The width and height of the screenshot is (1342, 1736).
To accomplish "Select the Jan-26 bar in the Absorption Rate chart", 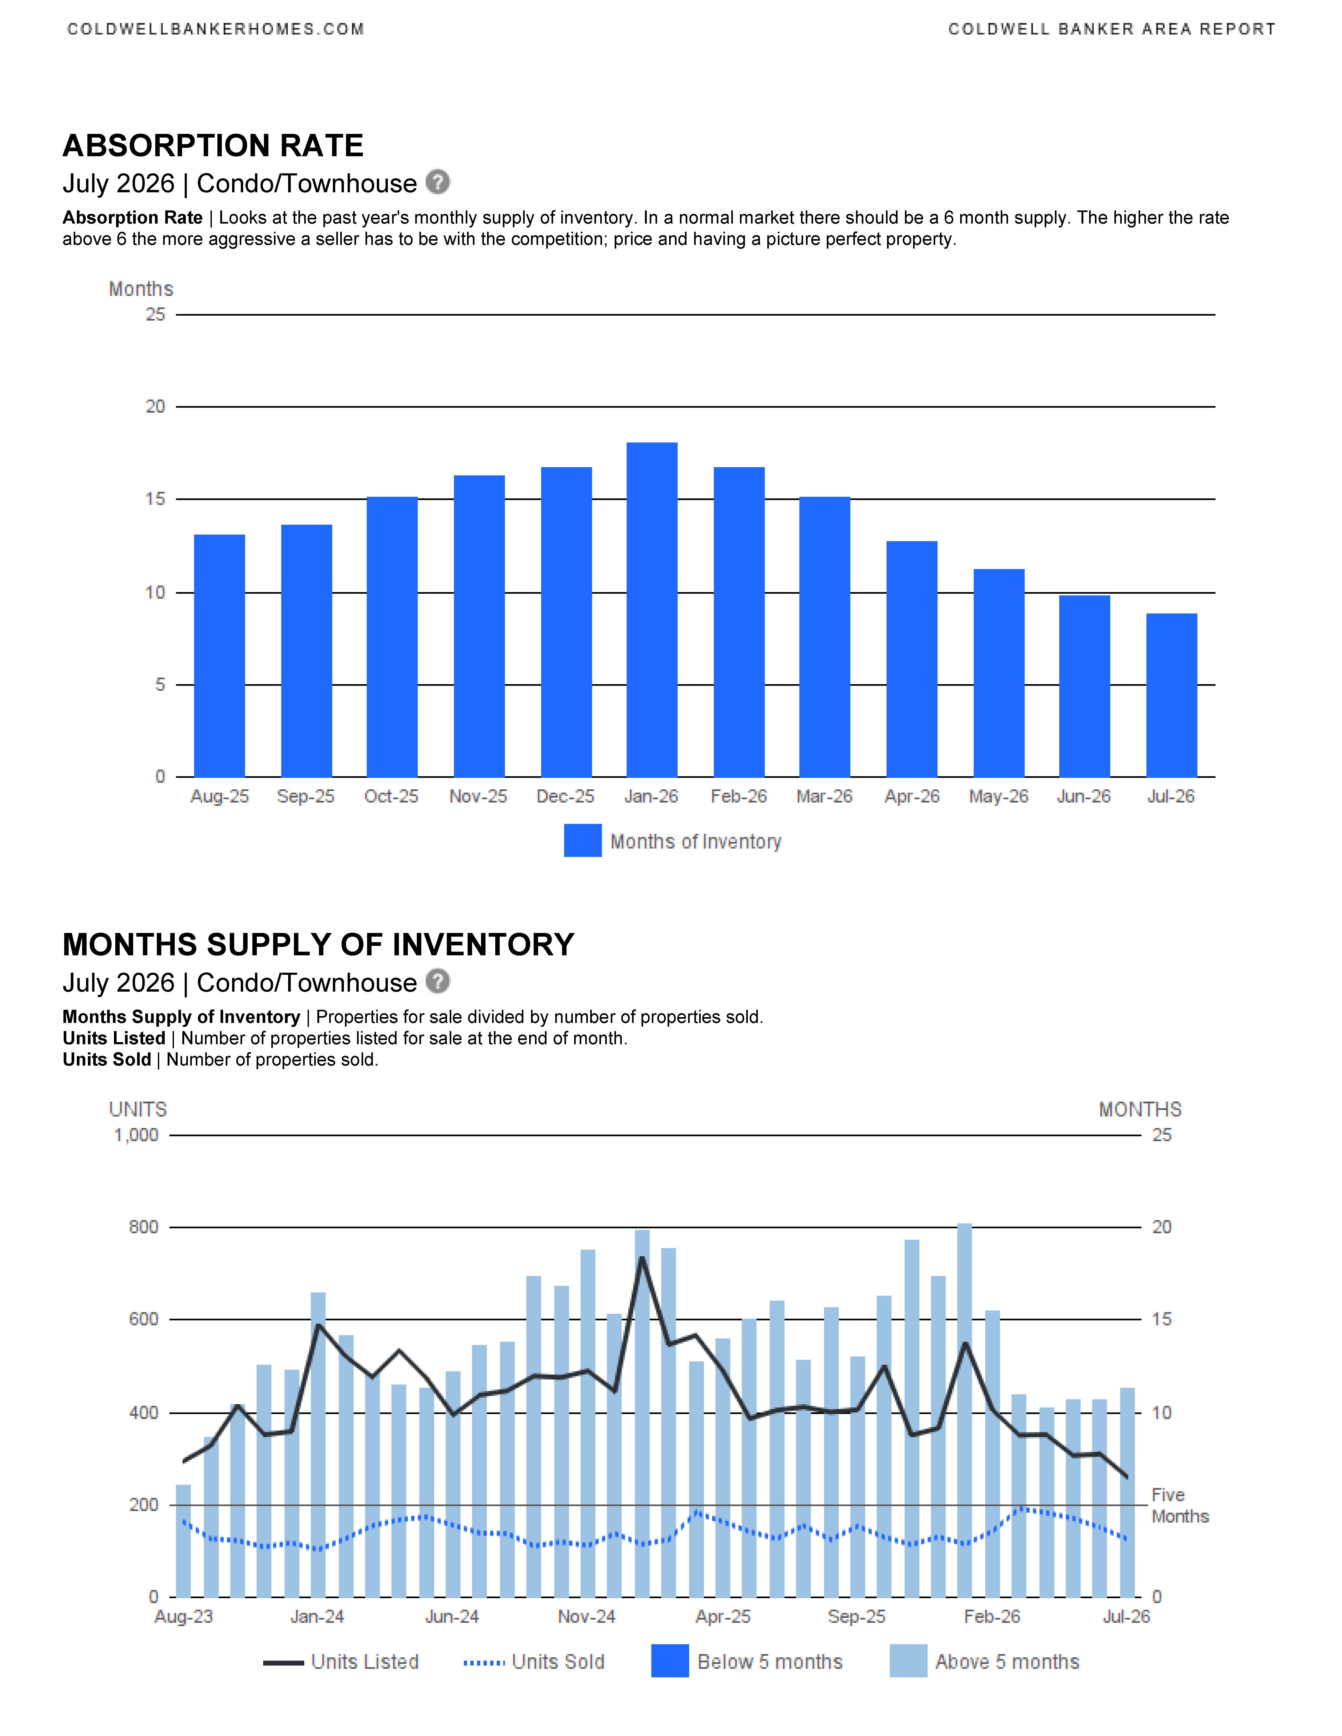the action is click(x=652, y=610).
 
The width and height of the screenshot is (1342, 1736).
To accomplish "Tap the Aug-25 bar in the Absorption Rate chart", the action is click(x=219, y=656).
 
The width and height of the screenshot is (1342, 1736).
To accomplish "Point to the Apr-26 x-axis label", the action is click(x=912, y=796).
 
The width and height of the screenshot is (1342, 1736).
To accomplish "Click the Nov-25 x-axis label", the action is click(x=478, y=796).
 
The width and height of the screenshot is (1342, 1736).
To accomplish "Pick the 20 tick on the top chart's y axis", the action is click(x=155, y=407).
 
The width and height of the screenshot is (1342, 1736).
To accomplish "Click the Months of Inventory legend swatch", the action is click(x=583, y=841).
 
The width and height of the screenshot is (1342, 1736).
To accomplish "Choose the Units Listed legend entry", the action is click(x=341, y=1662).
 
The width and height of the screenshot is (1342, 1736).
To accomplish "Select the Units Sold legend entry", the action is click(x=534, y=1662).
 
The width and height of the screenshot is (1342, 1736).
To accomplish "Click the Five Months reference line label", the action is click(x=1180, y=1506).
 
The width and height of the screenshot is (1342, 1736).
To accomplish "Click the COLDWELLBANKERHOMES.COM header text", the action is click(x=216, y=29).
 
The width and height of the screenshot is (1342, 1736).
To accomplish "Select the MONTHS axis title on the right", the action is click(x=1140, y=1110).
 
